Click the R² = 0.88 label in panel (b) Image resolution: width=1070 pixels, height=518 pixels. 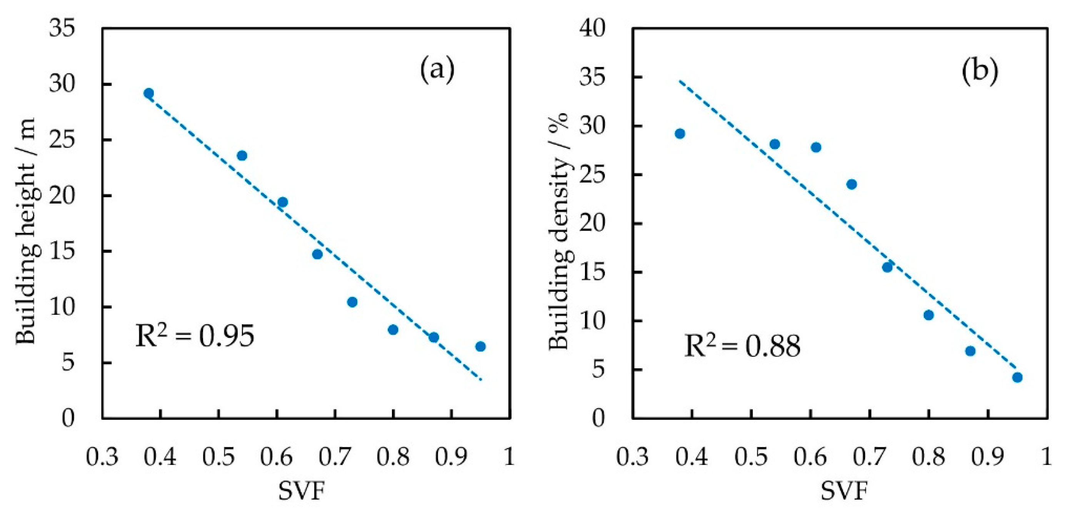click(742, 346)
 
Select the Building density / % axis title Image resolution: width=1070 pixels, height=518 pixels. click(559, 231)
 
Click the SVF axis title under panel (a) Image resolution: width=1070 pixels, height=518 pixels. click(302, 491)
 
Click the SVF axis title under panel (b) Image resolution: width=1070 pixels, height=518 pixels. click(844, 491)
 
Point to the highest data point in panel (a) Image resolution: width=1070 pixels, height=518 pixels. click(149, 93)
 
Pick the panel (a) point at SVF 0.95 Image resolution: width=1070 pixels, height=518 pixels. click(481, 346)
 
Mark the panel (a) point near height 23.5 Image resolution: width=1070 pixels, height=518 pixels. click(242, 155)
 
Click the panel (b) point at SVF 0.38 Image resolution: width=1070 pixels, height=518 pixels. click(680, 134)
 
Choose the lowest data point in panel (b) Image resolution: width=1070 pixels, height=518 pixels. click(1017, 378)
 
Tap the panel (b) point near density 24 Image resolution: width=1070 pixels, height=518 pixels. click(852, 184)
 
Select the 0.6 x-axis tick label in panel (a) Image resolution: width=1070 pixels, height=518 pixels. click(276, 456)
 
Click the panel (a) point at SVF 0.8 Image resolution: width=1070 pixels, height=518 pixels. click(393, 330)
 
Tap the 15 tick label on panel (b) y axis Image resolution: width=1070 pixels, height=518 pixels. click(593, 272)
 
